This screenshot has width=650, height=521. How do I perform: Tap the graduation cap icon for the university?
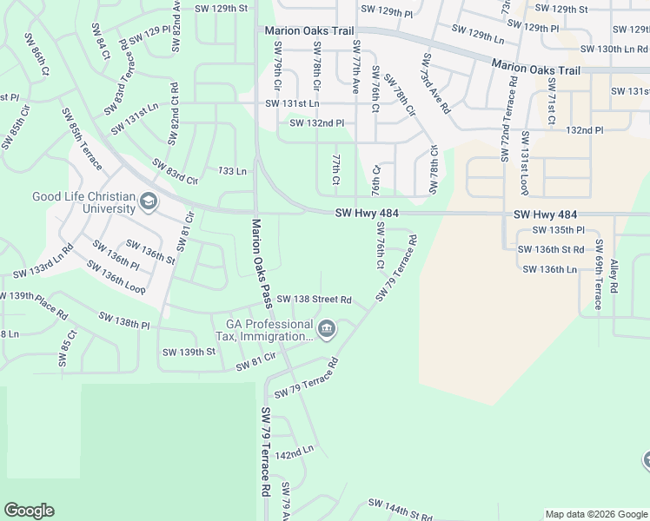149,202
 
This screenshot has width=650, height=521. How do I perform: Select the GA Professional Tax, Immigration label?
265,330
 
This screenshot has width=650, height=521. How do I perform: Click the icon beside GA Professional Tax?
327,329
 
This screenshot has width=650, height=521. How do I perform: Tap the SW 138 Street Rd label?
314,300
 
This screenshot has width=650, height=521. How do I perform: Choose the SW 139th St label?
189,352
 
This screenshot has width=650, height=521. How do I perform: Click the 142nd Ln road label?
294,453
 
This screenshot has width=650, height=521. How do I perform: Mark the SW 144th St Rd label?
400,508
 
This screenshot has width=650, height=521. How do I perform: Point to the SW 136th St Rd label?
550,249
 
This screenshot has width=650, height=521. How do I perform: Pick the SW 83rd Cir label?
176,170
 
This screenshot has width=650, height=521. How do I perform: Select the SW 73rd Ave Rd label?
435,84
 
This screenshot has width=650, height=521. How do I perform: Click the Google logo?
29,511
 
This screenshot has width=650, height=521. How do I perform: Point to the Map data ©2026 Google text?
595,514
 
